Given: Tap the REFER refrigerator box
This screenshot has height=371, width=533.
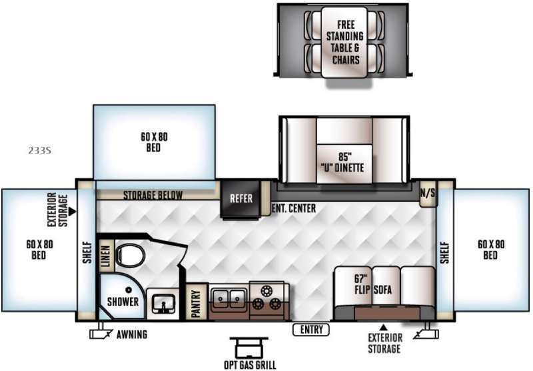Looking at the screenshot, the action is (x=241, y=199).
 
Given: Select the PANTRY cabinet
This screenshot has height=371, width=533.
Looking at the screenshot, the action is (x=197, y=302).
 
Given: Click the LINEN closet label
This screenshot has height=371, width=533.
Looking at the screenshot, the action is (x=107, y=256).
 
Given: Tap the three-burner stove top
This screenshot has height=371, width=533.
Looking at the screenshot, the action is (x=266, y=298).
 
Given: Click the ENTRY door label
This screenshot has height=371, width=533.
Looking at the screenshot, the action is (x=311, y=330).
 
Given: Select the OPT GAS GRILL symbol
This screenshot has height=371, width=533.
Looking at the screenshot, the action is (x=249, y=347).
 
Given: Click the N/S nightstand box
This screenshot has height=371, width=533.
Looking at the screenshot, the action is (x=428, y=194).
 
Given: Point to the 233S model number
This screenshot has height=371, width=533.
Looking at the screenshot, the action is (x=40, y=150).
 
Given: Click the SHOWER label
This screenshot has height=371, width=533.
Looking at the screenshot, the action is (x=123, y=302).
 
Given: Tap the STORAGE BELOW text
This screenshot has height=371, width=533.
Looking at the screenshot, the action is (x=153, y=196).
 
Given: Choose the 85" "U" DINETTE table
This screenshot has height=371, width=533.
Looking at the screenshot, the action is (x=344, y=164).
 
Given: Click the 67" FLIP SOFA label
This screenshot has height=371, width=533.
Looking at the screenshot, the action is (x=373, y=284).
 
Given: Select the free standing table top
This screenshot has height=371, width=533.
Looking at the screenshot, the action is (x=344, y=42).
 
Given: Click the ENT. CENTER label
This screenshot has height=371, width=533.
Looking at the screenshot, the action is (x=294, y=208).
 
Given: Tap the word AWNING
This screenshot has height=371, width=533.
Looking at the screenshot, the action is (x=132, y=334).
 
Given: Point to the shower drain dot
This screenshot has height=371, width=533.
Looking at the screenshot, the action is (x=129, y=290).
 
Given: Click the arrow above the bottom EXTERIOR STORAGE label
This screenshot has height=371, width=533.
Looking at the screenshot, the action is (x=384, y=328).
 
